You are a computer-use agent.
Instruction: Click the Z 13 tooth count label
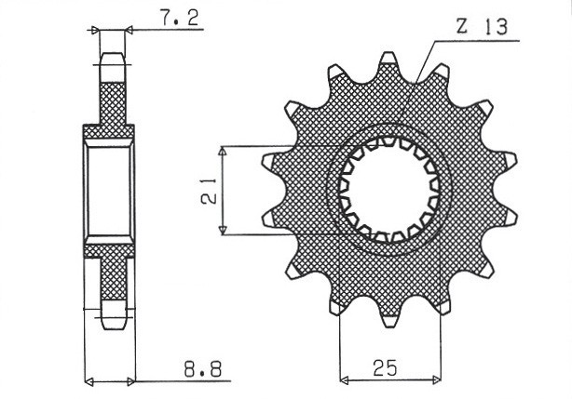[x=482, y=29]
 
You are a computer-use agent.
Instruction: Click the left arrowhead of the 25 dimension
[x=344, y=379]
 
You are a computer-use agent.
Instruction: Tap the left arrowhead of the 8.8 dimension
[x=89, y=379]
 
